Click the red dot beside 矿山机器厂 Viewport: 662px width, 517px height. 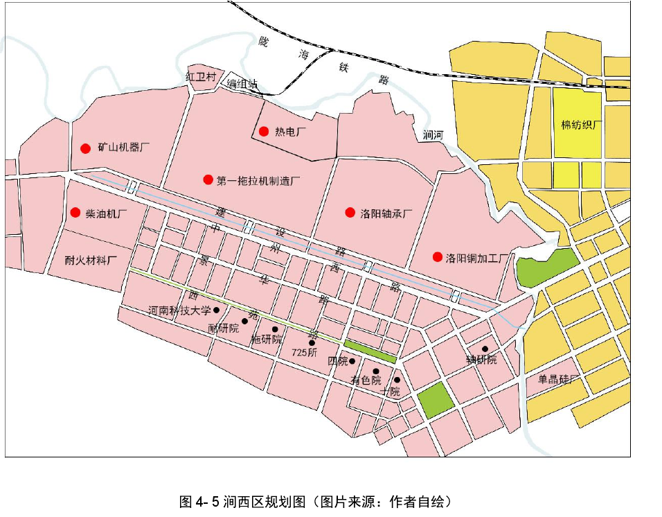pos(85,148)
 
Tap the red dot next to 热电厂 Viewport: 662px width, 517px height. pos(263,131)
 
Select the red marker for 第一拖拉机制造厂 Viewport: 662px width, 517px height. pos(207,179)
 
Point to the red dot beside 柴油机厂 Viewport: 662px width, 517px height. pos(74,212)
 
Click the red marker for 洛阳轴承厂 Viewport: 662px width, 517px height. pos(350,212)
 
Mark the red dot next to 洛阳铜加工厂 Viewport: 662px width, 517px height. pos(437,256)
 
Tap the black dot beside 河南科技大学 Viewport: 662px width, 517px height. pos(216,310)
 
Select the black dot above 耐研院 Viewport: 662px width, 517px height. pos(244,320)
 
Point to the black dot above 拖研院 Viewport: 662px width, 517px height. pos(275,329)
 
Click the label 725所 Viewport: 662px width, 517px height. pos(304,352)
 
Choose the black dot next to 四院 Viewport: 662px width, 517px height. pos(352,361)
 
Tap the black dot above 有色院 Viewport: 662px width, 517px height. pos(375,371)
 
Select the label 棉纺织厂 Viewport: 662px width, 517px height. pos(582,125)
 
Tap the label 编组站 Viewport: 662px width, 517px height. pos(242,84)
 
